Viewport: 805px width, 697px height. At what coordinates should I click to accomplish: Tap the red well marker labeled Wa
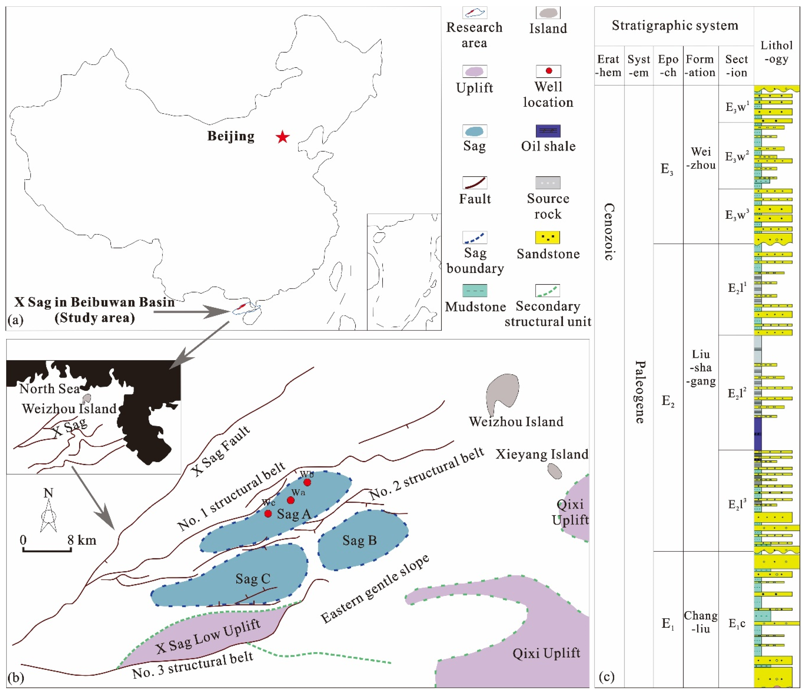(x=290, y=500)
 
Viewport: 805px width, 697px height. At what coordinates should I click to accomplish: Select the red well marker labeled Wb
(x=307, y=482)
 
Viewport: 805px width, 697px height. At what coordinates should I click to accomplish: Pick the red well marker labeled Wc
(x=268, y=513)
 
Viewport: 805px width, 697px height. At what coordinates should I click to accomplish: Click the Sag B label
(x=359, y=541)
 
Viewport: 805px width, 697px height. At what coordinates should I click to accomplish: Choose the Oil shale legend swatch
(x=548, y=131)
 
